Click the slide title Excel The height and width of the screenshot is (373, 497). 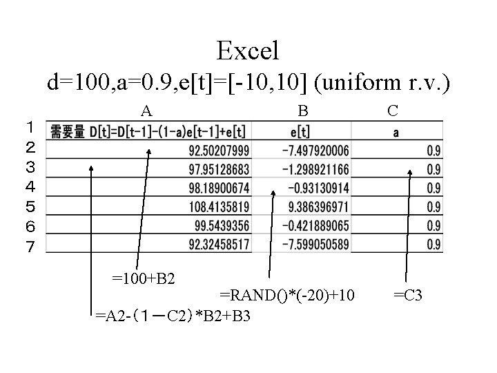tap(248, 50)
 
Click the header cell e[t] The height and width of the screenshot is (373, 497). tap(300, 132)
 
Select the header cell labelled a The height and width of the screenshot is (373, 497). tap(397, 132)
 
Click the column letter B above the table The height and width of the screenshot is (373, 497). tap(302, 110)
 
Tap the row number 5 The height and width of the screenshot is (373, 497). tap(30, 206)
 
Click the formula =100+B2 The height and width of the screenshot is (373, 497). tap(144, 279)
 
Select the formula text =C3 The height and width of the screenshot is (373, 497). tap(407, 296)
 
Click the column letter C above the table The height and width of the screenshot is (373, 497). tap(392, 110)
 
